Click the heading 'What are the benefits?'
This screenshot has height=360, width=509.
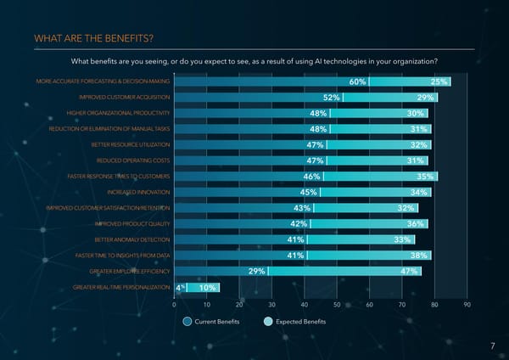coord(94,38)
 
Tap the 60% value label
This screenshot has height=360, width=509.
coord(357,82)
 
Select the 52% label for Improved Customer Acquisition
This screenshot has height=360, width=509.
coord(332,98)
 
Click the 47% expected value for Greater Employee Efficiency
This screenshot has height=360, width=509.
coord(409,272)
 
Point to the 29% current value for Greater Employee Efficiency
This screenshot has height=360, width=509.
coord(256,272)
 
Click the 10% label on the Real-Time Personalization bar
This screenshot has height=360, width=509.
coord(207,288)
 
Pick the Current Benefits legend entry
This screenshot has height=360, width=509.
coord(212,322)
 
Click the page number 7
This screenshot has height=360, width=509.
coord(492,346)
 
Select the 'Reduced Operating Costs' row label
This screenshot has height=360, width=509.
coord(133,160)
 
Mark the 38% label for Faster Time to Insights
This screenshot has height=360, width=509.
coord(418,256)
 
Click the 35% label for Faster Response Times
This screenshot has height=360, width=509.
coord(426,177)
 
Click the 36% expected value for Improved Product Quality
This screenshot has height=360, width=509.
coord(416,224)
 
